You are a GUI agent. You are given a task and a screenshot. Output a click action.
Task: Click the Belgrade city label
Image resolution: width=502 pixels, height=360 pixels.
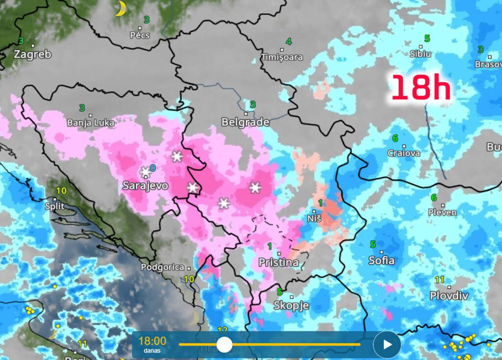(245, 122)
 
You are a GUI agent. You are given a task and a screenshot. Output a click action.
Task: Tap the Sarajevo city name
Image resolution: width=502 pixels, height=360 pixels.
(145, 186)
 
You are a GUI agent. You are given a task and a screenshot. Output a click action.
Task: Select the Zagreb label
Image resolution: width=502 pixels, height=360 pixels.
(32, 54)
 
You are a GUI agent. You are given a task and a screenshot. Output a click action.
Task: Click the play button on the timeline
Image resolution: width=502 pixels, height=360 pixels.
(387, 345)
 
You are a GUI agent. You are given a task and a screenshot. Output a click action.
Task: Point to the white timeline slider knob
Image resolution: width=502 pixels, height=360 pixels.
(224, 345)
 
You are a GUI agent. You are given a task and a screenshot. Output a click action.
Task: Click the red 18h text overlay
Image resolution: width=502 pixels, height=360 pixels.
(421, 87)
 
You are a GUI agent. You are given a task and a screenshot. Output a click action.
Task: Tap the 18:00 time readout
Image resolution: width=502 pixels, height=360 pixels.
(152, 341)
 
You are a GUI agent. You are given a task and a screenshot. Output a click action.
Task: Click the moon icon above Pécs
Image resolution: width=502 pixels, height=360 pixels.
(120, 9)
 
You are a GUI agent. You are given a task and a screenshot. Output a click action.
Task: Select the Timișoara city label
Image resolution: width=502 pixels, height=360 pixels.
(282, 57)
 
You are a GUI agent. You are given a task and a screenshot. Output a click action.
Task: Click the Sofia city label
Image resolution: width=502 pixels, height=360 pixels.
(381, 260)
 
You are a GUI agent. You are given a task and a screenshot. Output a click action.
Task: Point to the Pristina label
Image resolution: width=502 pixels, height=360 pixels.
(279, 263)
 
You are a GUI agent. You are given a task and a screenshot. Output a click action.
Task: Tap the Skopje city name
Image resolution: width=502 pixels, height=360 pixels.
(291, 306)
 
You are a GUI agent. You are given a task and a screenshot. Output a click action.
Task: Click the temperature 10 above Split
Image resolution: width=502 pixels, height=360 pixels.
(61, 191)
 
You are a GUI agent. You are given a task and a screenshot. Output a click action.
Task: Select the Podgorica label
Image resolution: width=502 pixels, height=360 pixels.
(162, 267)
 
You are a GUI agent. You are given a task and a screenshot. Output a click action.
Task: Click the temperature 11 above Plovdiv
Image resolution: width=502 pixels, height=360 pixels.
(439, 280)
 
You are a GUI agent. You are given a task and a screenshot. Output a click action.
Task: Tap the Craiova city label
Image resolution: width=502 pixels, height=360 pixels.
(403, 153)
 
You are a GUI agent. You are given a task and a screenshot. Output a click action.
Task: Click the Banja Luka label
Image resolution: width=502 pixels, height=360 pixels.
(90, 123)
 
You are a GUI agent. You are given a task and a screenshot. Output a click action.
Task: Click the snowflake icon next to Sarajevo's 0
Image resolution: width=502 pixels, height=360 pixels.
(145, 172)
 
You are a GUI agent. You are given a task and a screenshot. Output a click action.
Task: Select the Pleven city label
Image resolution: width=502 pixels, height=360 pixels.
(442, 212)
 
